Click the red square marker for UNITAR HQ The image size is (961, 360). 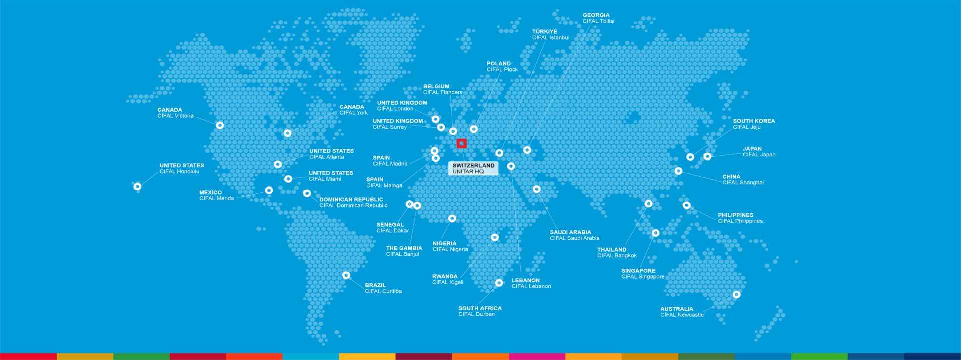pyautogui.click(x=461, y=144)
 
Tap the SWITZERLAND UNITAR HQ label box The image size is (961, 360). pyautogui.click(x=473, y=168)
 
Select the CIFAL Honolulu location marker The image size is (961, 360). pyautogui.click(x=137, y=187)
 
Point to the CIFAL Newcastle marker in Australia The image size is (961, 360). pyautogui.click(x=736, y=295)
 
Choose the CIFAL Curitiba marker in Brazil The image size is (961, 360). pyautogui.click(x=346, y=275)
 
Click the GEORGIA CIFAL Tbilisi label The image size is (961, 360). pyautogui.click(x=598, y=18)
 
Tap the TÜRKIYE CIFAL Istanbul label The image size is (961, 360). pyautogui.click(x=550, y=34)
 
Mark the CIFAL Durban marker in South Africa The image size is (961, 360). pyautogui.click(x=499, y=283)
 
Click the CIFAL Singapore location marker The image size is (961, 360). pyautogui.click(x=655, y=233)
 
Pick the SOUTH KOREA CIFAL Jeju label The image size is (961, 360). pyautogui.click(x=753, y=124)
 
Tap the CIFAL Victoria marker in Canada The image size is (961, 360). pyautogui.click(x=220, y=125)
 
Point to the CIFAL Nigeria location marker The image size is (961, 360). pyautogui.click(x=452, y=219)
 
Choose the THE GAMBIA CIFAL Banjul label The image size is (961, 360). pyautogui.click(x=404, y=251)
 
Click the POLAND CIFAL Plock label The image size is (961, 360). pyautogui.click(x=502, y=66)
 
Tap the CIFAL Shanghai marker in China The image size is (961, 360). pyautogui.click(x=678, y=171)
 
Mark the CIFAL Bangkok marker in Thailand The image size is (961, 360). pyautogui.click(x=648, y=204)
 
